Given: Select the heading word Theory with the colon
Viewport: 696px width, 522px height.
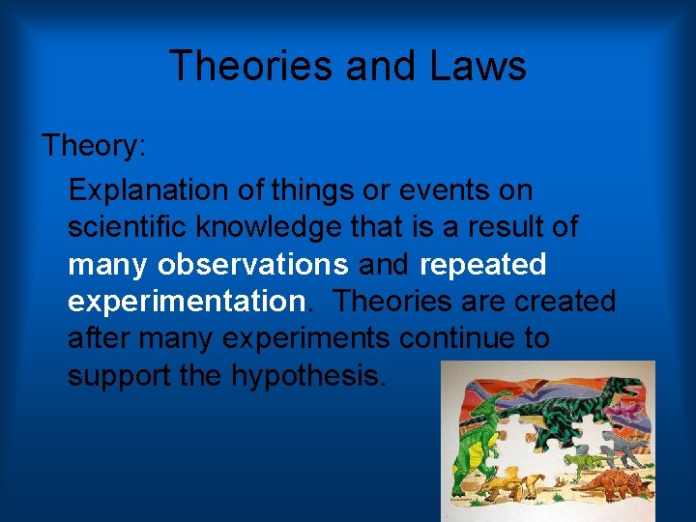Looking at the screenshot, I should point(93,147).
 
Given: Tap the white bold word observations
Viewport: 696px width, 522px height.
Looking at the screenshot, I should point(253,264).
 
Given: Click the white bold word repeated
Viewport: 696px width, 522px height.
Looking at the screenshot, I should point(482,264).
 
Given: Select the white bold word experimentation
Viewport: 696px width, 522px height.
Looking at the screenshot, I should point(186,302).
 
